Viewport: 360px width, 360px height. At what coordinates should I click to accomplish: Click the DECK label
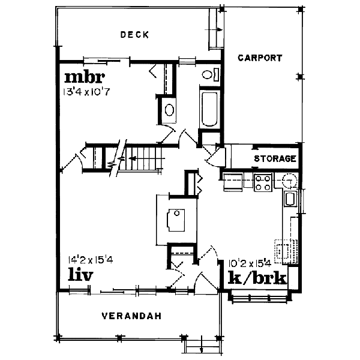pos(134,35)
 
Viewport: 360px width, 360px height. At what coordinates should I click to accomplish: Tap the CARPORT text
pos(260,58)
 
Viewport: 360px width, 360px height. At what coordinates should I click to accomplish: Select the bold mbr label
pos(84,77)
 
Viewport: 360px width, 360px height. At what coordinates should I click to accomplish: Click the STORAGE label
pos(275,159)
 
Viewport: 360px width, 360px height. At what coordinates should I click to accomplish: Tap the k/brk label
pos(256,278)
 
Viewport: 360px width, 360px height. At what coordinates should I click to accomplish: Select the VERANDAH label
pos(130,316)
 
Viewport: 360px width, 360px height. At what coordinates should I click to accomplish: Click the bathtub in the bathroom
pos(209,109)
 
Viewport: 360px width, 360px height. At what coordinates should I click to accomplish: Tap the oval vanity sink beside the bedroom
pos(169,111)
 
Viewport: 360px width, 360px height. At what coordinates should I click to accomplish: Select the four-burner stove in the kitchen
pos(263,182)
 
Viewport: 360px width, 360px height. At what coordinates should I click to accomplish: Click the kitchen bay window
pos(259,295)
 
